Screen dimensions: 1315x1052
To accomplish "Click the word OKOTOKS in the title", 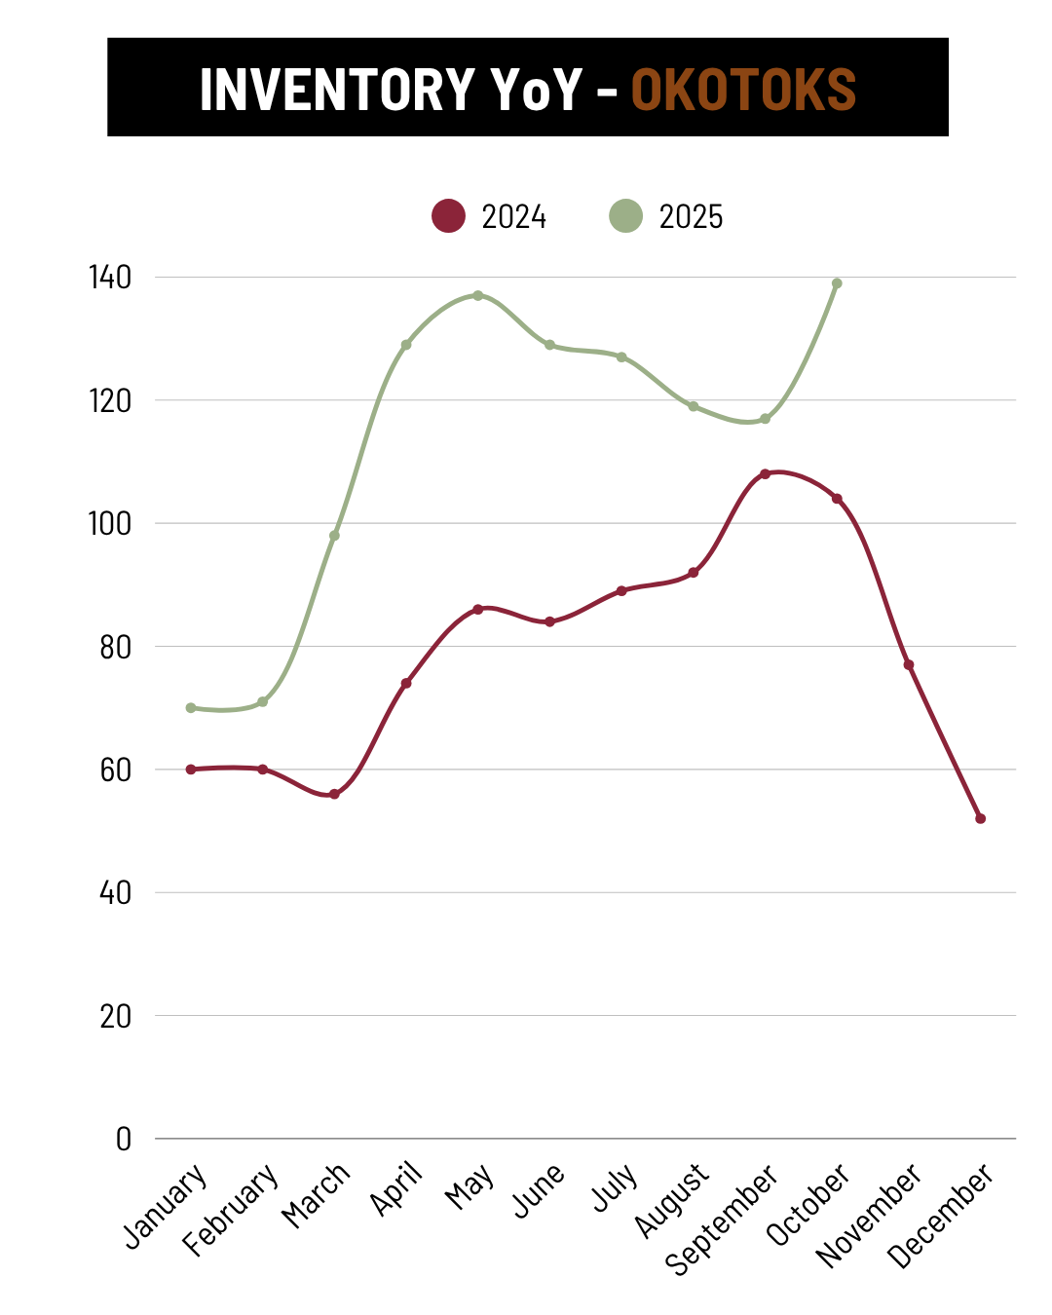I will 743,90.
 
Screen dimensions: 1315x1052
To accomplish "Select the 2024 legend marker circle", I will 448,215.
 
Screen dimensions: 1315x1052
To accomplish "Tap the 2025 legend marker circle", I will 625,215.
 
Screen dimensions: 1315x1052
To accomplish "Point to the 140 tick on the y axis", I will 110,278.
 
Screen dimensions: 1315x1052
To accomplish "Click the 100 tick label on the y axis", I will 110,524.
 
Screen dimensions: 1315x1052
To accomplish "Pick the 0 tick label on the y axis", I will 123,1139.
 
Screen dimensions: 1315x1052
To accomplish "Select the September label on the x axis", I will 722,1219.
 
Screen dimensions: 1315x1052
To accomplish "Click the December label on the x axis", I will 942,1216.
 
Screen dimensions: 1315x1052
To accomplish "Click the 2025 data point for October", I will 837,283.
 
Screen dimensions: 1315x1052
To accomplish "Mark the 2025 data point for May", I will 477,295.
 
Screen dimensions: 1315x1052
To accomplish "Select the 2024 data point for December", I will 980,818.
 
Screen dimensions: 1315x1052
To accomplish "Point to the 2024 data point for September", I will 765,474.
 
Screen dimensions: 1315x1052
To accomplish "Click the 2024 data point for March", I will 334,794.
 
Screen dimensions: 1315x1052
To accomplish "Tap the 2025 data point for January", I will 191,708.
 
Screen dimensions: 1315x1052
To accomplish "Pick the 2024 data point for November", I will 909,665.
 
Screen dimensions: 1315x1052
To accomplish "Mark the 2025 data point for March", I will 334,536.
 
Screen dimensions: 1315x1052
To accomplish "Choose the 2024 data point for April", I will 406,683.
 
